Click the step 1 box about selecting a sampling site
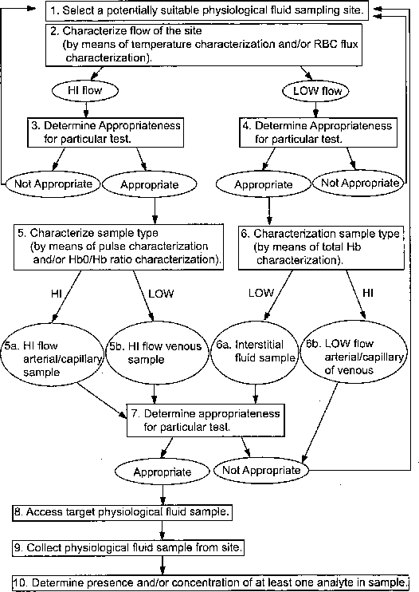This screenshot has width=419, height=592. [207, 10]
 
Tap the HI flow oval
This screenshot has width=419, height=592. [85, 91]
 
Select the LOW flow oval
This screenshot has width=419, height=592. [315, 91]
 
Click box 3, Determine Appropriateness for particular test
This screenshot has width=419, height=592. [105, 132]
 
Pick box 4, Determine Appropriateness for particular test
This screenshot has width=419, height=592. [319, 132]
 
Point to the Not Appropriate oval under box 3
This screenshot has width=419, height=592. [53, 184]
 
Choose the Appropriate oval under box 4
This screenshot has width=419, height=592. [264, 184]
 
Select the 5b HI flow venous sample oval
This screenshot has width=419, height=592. [157, 353]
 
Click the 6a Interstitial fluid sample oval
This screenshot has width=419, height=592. [255, 353]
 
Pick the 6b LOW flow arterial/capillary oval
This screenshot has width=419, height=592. [354, 352]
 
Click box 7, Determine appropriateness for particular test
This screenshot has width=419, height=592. [206, 420]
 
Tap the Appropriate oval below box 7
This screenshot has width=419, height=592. [163, 472]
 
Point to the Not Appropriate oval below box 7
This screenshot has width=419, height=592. [261, 471]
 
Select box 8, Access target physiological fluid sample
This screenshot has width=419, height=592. [122, 512]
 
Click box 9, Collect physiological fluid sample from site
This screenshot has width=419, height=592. [128, 547]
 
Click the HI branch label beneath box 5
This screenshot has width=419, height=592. [57, 294]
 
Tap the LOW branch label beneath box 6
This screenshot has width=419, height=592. [261, 293]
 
